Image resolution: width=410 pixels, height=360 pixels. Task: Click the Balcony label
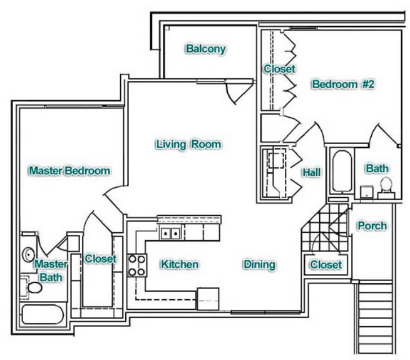(x=206, y=49)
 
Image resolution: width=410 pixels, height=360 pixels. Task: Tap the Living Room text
(x=188, y=144)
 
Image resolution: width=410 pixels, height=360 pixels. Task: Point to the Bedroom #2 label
(x=343, y=85)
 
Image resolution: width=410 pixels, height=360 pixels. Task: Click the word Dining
(x=259, y=264)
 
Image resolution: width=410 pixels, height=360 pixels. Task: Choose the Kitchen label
(x=179, y=264)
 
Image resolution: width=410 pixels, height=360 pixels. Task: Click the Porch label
(x=372, y=226)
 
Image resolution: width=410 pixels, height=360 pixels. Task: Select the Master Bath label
(x=51, y=270)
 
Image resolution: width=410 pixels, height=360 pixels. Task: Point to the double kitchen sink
(x=170, y=233)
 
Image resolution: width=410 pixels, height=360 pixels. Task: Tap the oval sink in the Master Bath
(x=28, y=255)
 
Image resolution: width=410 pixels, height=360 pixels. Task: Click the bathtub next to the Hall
(x=341, y=172)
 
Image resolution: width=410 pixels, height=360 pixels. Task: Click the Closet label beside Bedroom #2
(x=279, y=69)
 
